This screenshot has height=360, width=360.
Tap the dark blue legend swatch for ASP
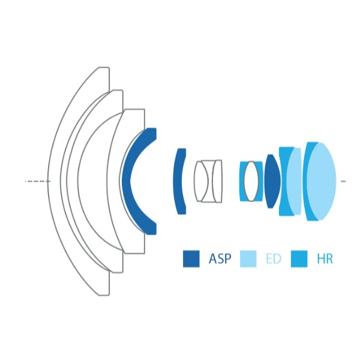click(191, 259)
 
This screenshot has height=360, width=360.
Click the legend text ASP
click(219, 259)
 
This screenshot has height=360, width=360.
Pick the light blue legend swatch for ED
click(248, 259)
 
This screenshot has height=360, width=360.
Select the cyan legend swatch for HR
click(299, 259)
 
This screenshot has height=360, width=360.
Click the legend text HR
click(324, 259)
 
